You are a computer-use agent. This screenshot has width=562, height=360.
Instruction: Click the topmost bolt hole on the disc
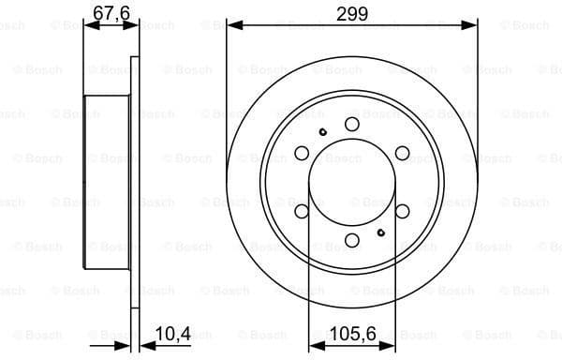pos(352,124)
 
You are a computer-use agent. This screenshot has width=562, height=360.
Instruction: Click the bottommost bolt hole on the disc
pos(352,241)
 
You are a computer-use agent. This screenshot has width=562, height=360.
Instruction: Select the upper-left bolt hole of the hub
pos(302,153)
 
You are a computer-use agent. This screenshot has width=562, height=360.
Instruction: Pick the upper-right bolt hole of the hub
pos(402,153)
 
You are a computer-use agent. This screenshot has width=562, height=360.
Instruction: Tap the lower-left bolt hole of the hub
pos(302,212)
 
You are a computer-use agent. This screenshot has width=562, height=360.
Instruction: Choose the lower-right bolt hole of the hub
pos(402,212)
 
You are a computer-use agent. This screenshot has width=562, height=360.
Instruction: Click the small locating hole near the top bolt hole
pos(323,130)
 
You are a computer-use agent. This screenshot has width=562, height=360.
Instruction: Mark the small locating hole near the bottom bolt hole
pos(380,232)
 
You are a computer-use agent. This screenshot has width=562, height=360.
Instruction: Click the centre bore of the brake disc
pos(352,182)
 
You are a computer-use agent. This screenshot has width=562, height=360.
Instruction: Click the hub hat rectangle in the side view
pos(108,182)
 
